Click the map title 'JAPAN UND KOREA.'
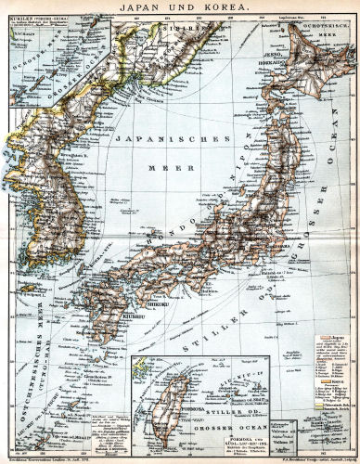click(x=180, y=7)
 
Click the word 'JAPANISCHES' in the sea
click(x=173, y=137)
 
